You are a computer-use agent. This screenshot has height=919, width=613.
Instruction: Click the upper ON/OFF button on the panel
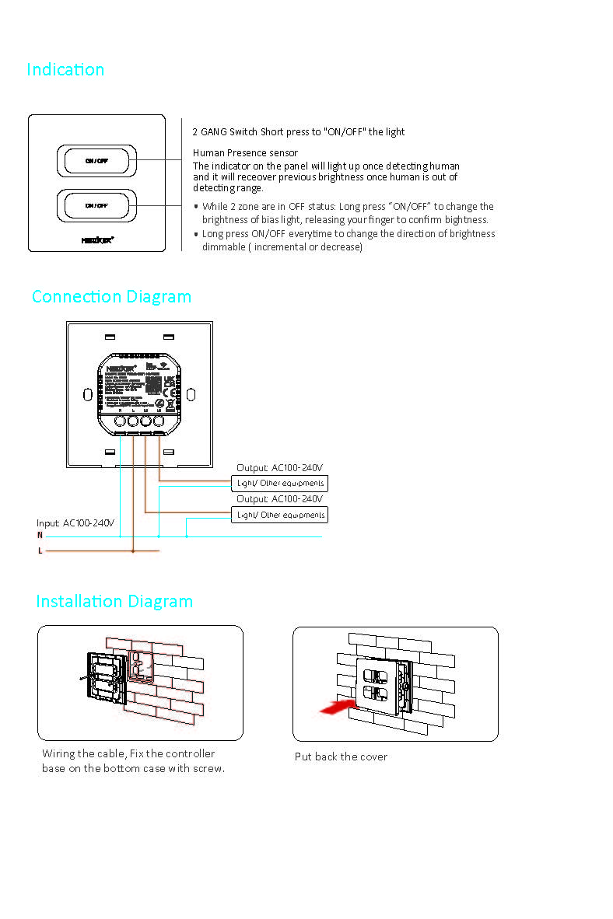[96, 161]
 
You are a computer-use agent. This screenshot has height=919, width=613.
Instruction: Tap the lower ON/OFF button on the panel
[96, 205]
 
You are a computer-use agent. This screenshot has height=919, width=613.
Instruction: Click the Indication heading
[65, 70]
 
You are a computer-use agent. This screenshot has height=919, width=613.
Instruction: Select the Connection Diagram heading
[111, 297]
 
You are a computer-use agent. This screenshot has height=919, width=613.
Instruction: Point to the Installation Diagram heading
[114, 602]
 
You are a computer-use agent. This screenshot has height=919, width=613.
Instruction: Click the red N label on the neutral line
[40, 536]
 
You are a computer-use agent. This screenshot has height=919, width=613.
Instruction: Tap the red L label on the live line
[40, 550]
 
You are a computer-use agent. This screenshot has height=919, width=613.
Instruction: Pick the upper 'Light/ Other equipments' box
[280, 484]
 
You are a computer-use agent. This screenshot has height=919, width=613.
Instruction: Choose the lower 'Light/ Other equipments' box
[280, 515]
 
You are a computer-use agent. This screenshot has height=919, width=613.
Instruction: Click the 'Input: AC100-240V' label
[75, 523]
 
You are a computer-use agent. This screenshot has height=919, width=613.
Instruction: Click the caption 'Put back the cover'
[341, 757]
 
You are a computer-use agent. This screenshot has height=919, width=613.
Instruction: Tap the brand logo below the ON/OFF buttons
[97, 240]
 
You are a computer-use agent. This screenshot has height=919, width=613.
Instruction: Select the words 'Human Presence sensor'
[245, 153]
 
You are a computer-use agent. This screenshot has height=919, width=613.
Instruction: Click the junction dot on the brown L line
[133, 551]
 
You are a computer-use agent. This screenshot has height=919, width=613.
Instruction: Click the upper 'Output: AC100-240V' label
[279, 468]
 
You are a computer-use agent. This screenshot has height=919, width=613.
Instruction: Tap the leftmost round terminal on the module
[121, 421]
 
